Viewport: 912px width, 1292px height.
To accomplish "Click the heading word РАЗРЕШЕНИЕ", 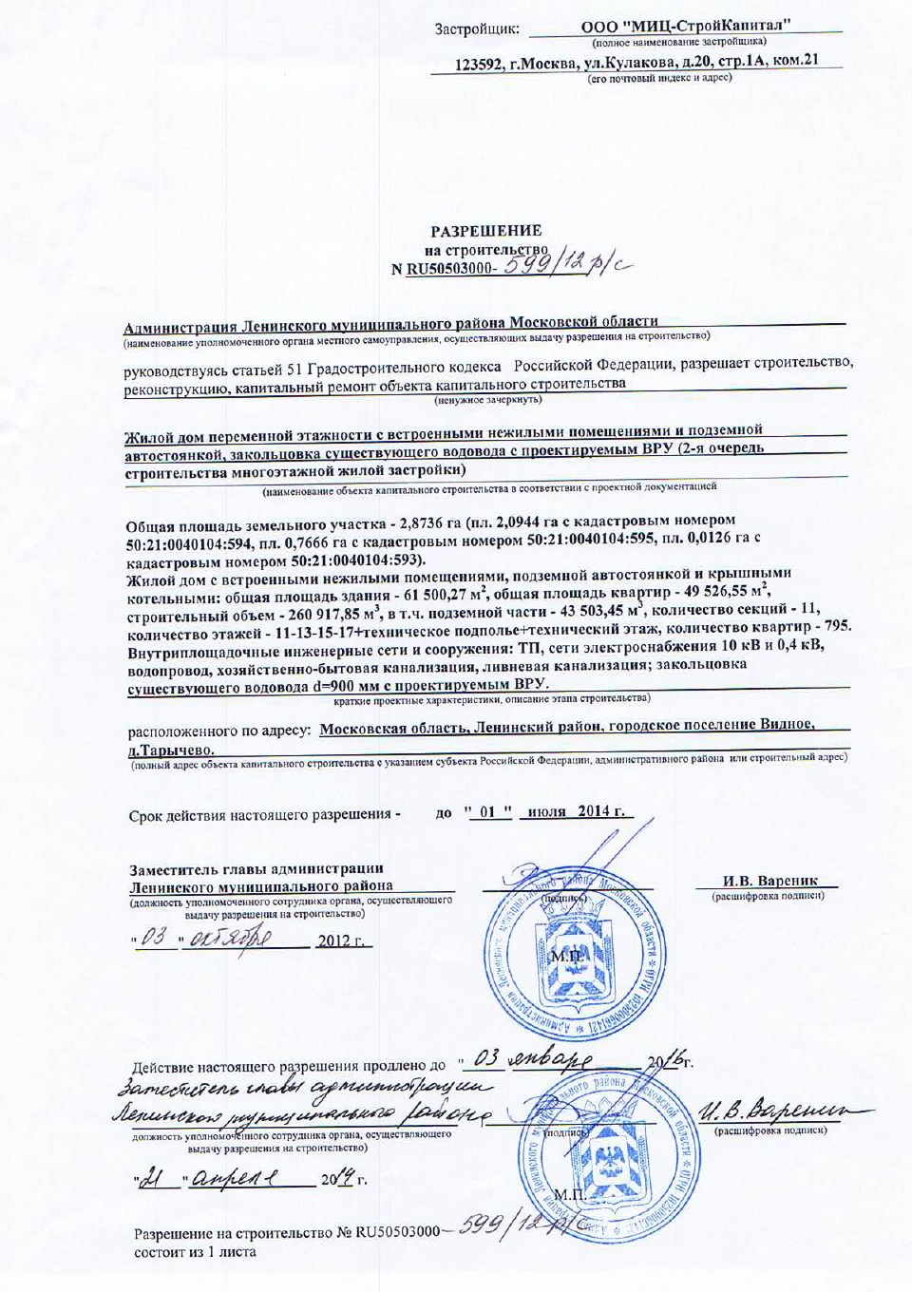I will (x=485, y=231).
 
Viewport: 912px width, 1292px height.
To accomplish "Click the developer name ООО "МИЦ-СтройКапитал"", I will (x=686, y=27).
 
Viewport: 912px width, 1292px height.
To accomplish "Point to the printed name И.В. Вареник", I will (x=769, y=881).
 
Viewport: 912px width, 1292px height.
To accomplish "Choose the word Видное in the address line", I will (x=786, y=724).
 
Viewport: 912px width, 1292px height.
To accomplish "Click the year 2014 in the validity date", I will (x=593, y=811).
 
